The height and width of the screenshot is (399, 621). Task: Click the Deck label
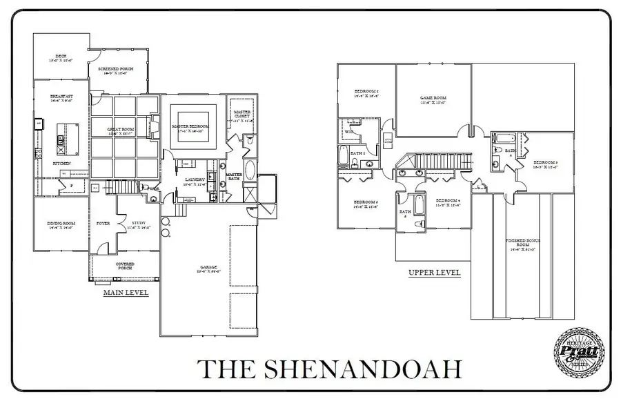(x=61, y=57)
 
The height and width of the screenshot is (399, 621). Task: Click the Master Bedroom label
(x=190, y=126)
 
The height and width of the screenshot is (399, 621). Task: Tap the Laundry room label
(x=194, y=182)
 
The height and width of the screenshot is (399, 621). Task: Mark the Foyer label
(x=103, y=223)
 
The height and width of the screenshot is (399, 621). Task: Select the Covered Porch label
(x=125, y=266)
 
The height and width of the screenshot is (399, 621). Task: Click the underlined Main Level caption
(x=126, y=292)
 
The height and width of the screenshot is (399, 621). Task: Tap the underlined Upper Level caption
(x=434, y=273)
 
